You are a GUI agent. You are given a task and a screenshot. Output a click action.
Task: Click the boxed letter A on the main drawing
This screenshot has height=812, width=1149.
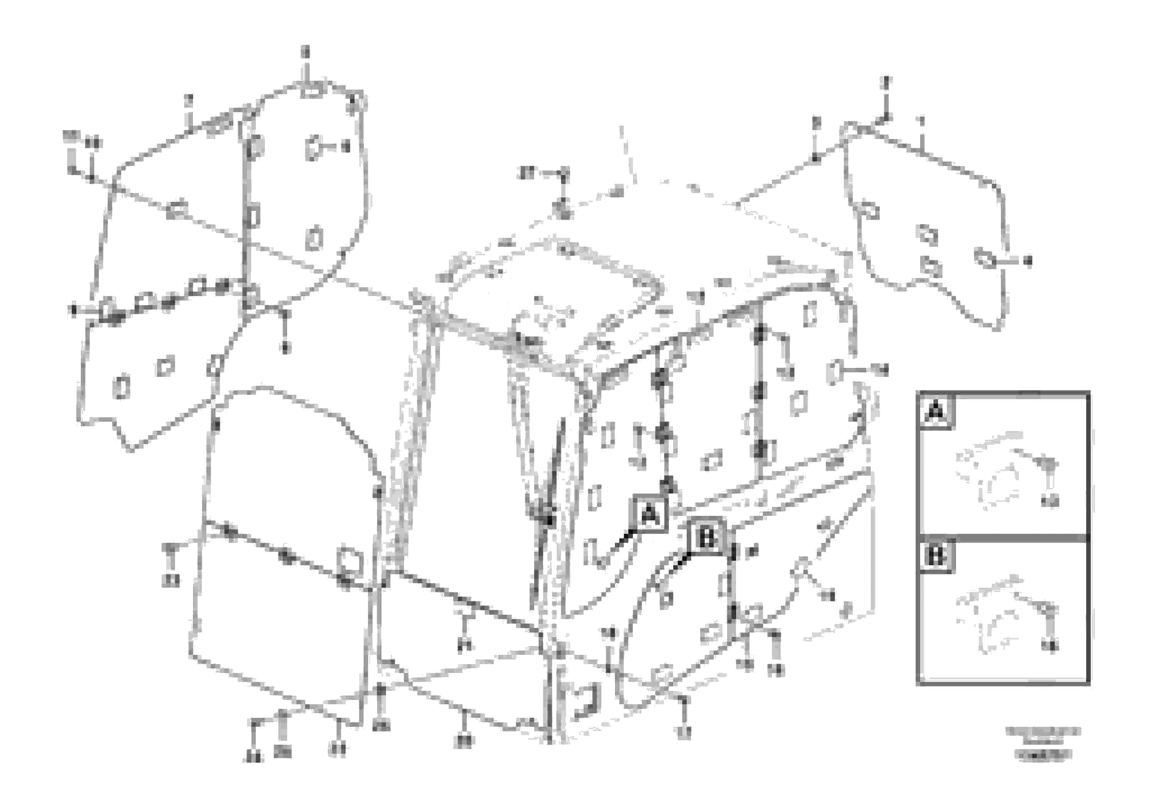point(650,514)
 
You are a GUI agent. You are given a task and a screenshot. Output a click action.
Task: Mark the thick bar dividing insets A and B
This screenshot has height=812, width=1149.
point(1003,538)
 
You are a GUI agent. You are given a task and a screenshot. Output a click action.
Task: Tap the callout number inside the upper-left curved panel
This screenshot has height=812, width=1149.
point(345,147)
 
